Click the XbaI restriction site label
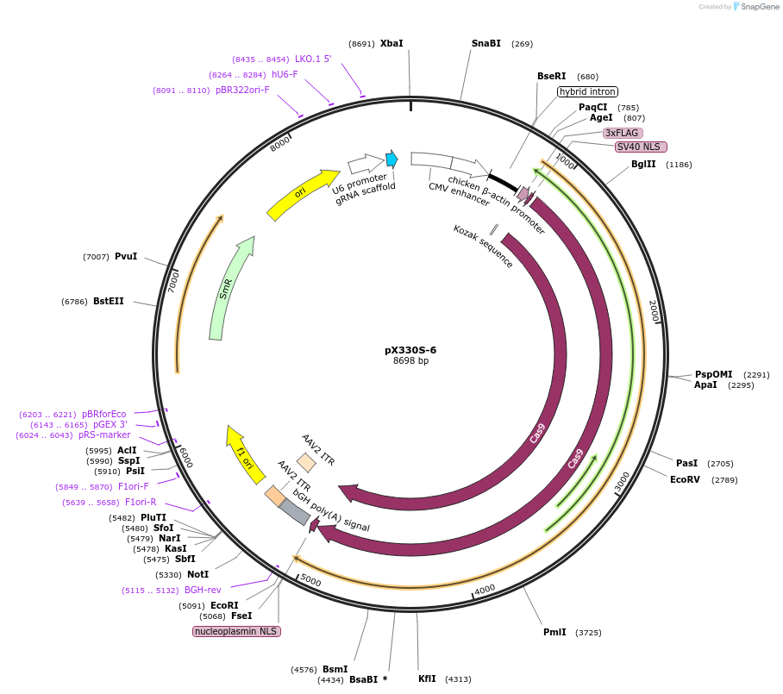point(391,43)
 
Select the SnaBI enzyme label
point(485,43)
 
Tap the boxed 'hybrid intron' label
point(587,91)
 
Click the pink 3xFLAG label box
point(621,133)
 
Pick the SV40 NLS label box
point(641,147)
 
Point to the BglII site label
point(643,164)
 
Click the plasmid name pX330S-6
point(410,350)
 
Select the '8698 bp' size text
point(410,361)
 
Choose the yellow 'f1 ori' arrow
point(244,454)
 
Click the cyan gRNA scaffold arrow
point(392,159)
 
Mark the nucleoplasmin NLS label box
point(236,631)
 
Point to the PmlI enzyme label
point(554,632)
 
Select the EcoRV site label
point(686,479)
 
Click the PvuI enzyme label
point(126,257)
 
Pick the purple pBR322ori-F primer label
point(242,90)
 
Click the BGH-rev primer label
point(203,591)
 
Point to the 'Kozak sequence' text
point(483,247)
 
